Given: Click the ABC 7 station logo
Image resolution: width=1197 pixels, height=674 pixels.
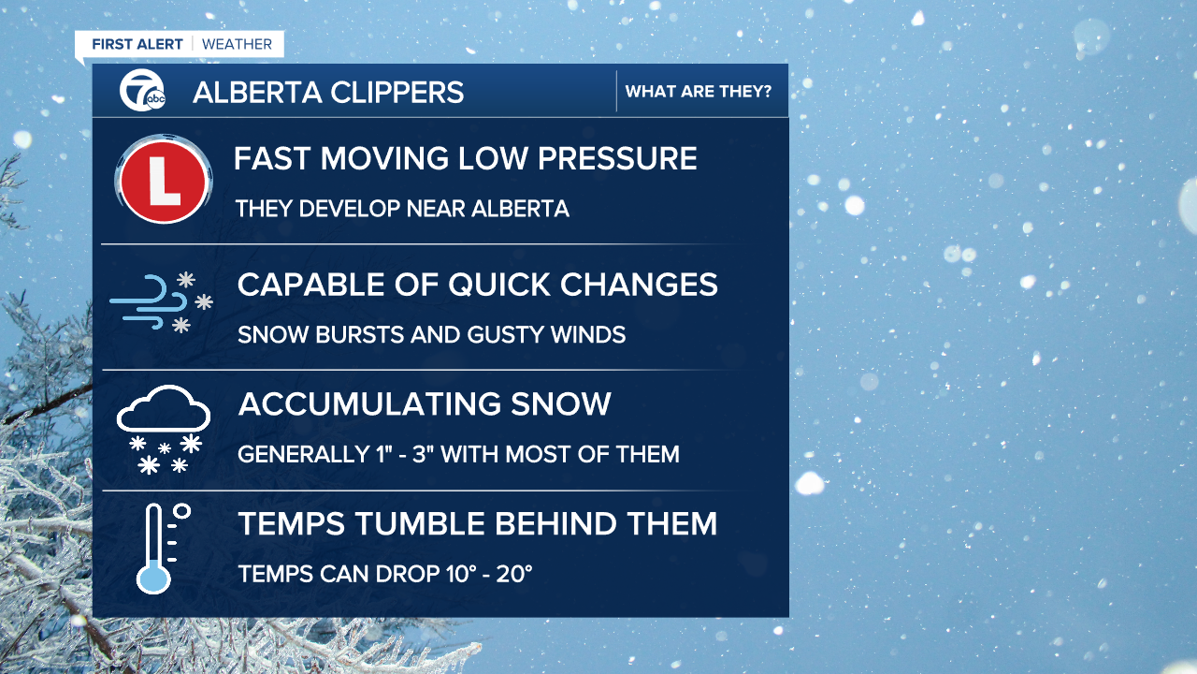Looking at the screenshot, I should coord(142,91).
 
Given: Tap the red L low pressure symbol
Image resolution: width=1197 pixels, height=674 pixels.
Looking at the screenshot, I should coord(164,180).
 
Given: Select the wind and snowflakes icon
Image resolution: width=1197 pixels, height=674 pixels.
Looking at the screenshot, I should coord(161,301).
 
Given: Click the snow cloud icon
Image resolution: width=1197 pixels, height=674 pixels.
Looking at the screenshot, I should coord(163,428).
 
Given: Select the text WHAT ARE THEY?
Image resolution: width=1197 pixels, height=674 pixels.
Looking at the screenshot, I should coord(699,92).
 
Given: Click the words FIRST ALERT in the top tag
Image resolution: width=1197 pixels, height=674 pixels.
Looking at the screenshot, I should coord(137,44).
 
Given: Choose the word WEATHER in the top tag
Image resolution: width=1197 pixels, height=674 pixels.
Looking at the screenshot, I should coord(237,44).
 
